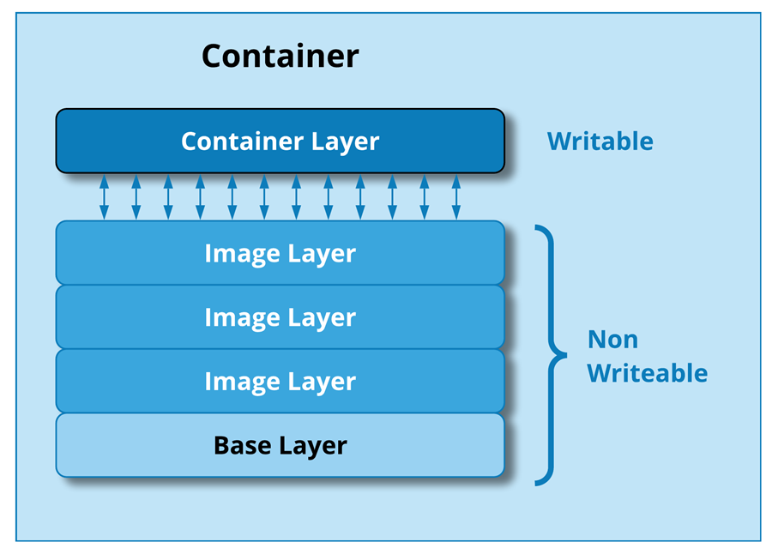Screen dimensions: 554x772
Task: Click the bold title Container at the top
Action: click(x=280, y=57)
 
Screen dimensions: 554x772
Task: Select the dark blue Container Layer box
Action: click(x=280, y=141)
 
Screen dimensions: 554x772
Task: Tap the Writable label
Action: click(x=600, y=141)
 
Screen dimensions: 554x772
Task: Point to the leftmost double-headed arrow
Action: click(x=104, y=197)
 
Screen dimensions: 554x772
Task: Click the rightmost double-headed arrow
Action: click(x=455, y=197)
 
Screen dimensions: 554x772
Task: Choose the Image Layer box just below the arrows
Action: click(x=280, y=253)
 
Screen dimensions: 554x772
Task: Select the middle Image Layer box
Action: click(x=280, y=317)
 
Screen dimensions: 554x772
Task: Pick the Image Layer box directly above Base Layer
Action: click(x=280, y=381)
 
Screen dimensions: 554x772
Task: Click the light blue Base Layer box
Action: click(x=280, y=446)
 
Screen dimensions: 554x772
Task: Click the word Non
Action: click(x=612, y=340)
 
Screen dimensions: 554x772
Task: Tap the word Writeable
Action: click(x=648, y=373)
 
